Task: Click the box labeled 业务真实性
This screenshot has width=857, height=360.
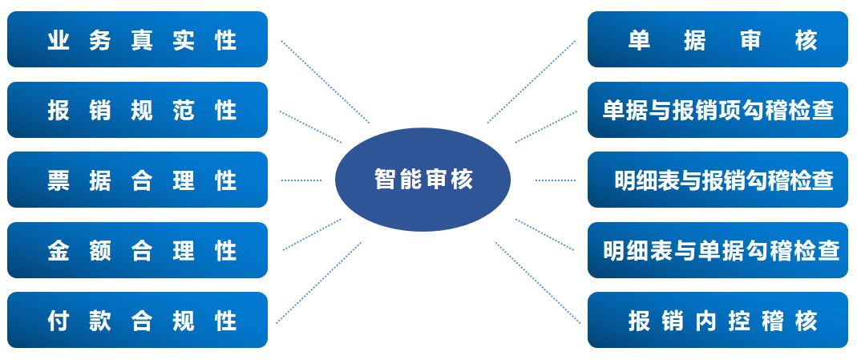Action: [x=137, y=39]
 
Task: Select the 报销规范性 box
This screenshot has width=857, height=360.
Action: [x=137, y=110]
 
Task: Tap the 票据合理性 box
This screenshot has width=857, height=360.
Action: [x=137, y=180]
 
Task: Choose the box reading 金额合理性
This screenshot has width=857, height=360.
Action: [x=137, y=250]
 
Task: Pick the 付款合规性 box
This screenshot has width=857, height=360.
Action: [x=137, y=320]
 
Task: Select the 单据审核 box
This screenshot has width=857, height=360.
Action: [x=718, y=39]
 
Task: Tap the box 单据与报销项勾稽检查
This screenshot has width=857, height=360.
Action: [x=718, y=110]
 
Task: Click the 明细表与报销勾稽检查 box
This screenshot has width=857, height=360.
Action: [x=718, y=180]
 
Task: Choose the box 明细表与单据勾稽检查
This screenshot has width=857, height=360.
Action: [x=718, y=250]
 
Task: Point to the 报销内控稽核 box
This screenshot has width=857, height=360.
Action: [x=718, y=320]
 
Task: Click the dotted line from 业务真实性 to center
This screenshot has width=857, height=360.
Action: [x=325, y=81]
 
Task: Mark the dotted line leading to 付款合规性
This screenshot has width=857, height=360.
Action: [x=319, y=282]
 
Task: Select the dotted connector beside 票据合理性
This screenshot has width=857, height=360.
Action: [x=301, y=180]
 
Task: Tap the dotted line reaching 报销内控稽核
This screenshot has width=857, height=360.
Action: [x=538, y=282]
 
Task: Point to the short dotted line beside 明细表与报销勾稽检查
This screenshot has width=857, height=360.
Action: [x=555, y=180]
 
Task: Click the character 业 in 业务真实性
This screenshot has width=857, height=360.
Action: [x=58, y=40]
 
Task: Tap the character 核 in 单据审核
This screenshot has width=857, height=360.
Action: [x=806, y=40]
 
